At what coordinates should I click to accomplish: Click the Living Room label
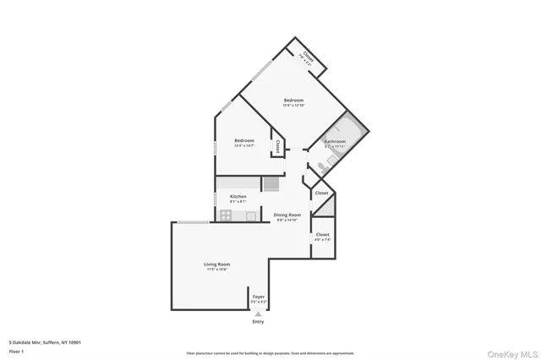point(217,265)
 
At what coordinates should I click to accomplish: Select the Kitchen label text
point(238,196)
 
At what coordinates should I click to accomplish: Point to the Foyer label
point(258,297)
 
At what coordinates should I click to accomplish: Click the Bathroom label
point(335,141)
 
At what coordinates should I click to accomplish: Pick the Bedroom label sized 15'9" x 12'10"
point(293,101)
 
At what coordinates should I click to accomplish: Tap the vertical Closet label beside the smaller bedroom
point(277,146)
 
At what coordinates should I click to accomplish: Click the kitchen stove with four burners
point(227,215)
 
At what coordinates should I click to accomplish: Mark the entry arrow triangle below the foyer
point(258,314)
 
